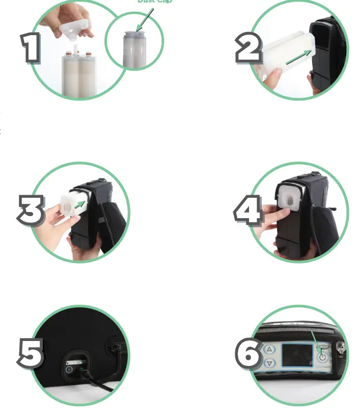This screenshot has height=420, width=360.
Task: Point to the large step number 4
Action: point(248,210)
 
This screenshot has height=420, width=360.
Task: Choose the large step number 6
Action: point(248,353)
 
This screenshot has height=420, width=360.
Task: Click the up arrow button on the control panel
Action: point(270,350)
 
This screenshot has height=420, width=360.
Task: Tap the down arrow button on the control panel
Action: point(270,363)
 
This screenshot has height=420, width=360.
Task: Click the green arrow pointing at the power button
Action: point(316,343)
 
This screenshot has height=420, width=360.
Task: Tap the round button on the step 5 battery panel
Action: point(69,369)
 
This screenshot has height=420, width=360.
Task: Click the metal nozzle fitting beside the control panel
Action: point(341,352)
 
